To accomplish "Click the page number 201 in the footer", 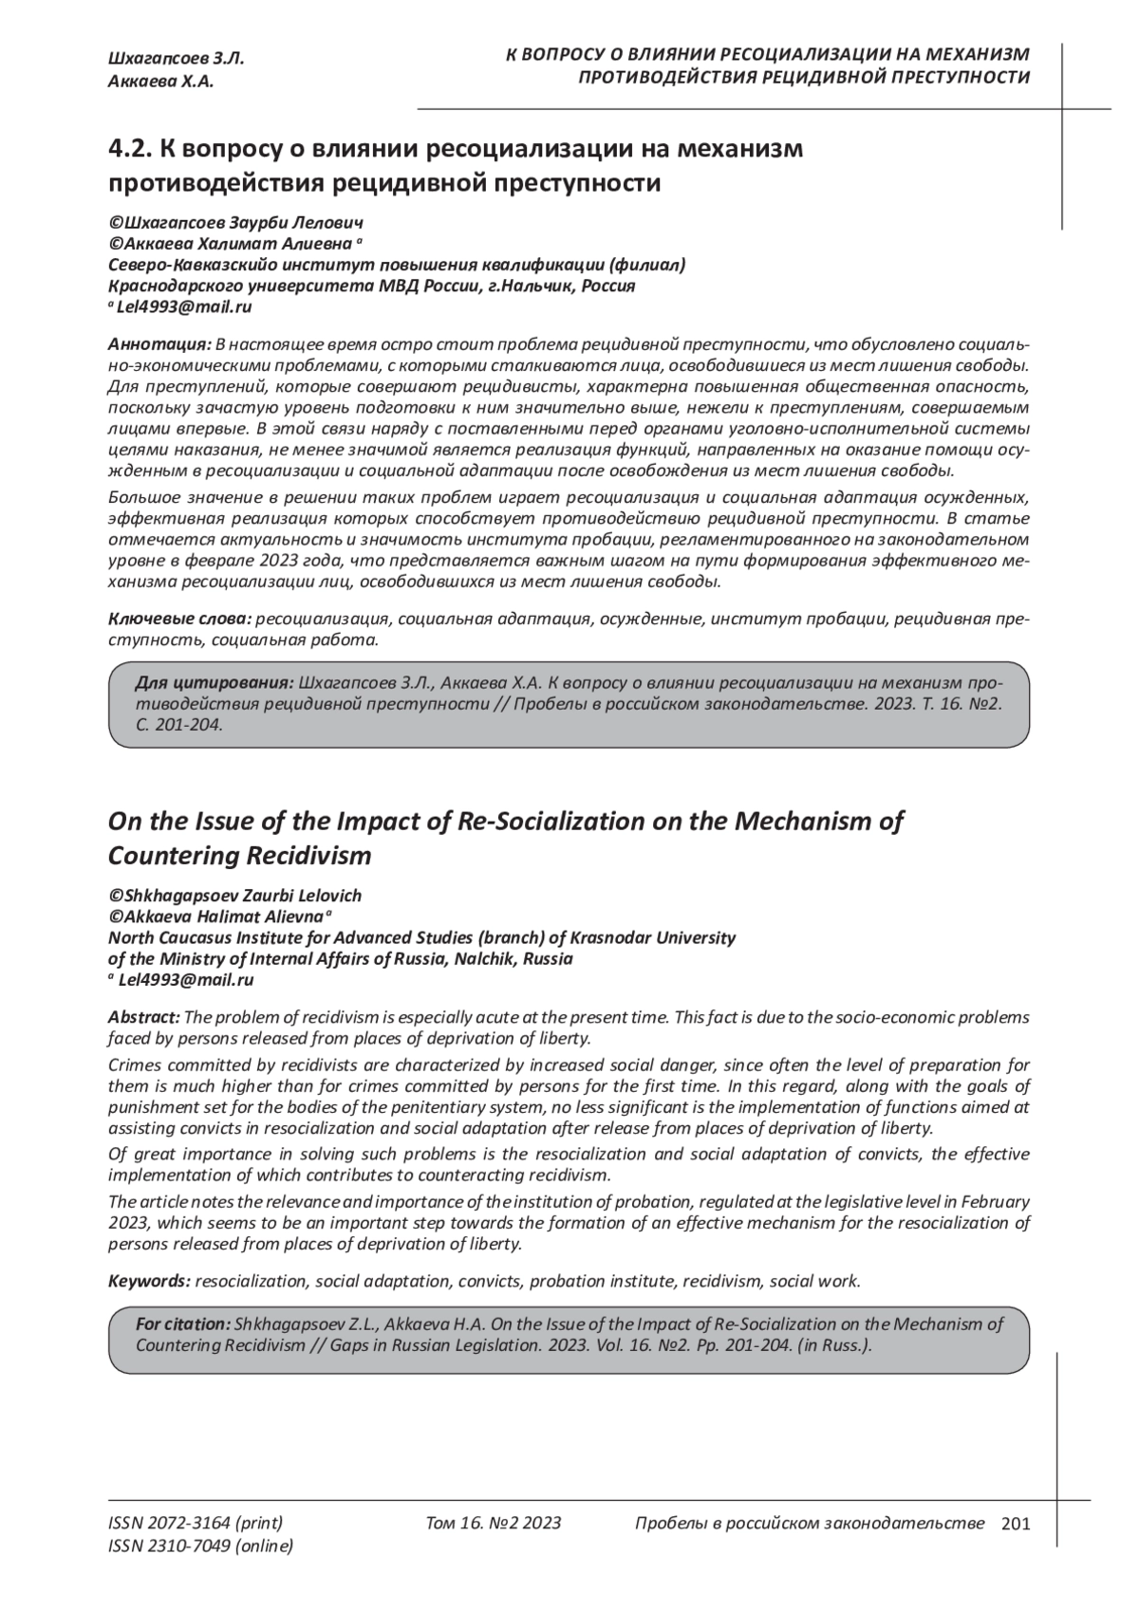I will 1015,1524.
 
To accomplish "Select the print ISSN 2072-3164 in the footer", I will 196,1524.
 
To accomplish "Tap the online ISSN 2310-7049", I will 201,1546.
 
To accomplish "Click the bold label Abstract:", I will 143,1017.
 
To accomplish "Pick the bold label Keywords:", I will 150,1282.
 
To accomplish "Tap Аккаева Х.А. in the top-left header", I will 161,82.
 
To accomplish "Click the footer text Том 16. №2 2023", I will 494,1524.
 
